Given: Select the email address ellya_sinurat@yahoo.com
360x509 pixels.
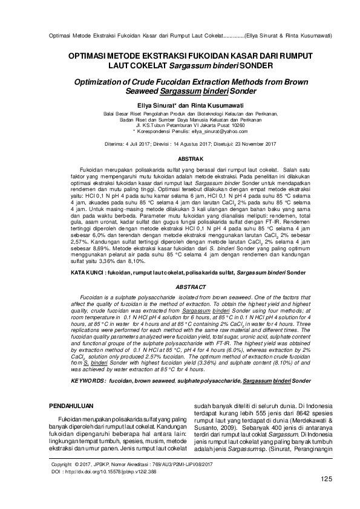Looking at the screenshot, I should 207,130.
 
